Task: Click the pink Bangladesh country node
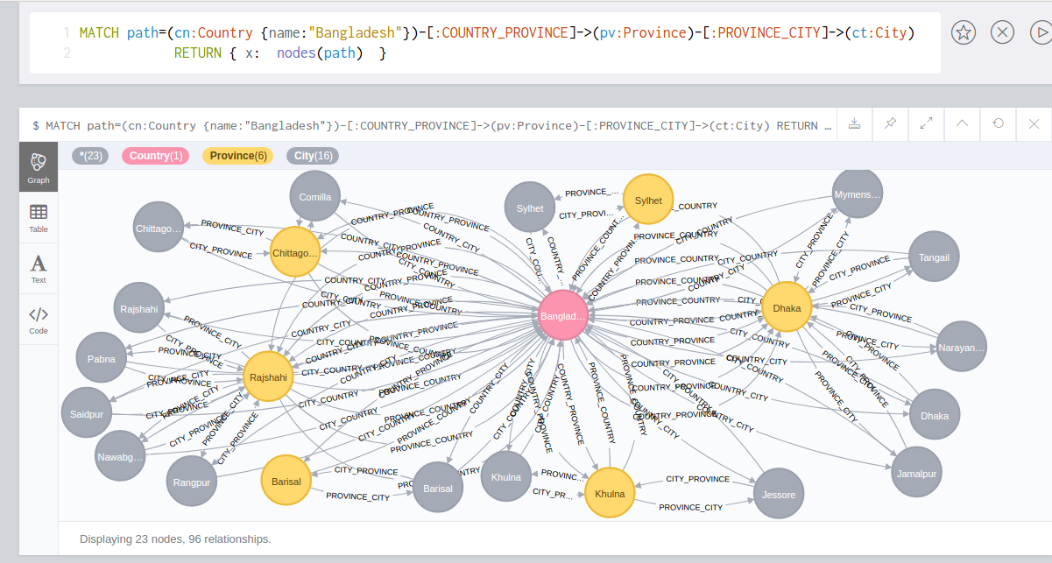[563, 316]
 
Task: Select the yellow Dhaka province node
[787, 307]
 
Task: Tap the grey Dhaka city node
[935, 416]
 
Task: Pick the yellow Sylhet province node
[648, 201]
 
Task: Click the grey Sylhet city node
[530, 208]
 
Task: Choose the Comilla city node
[315, 197]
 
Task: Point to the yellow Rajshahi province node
[268, 377]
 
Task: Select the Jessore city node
[779, 495]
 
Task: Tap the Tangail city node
[934, 257]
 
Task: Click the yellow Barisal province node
[286, 482]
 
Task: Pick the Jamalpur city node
[917, 474]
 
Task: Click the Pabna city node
[102, 359]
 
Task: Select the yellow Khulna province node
[610, 494]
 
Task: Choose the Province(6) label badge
[237, 156]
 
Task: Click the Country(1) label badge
[155, 156]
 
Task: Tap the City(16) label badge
[313, 156]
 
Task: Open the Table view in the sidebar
[39, 217]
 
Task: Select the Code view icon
[39, 319]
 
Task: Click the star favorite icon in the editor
[964, 33]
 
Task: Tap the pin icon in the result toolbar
[890, 124]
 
